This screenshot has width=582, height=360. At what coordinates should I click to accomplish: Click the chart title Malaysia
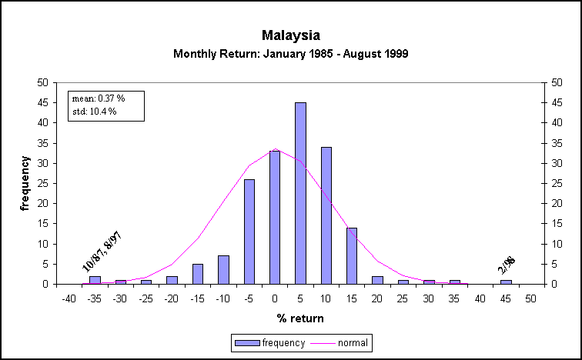[290, 35]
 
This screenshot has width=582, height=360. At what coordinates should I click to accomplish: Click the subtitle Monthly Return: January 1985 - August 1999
[290, 54]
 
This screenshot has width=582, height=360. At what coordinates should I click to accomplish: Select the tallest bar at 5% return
[300, 192]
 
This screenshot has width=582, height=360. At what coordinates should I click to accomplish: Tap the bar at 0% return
[275, 218]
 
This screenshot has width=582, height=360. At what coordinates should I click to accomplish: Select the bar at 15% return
[352, 255]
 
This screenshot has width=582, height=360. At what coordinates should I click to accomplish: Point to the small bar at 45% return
[506, 282]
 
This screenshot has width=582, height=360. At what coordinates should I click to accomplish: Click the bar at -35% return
[95, 280]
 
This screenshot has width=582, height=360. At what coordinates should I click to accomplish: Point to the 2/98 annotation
[507, 263]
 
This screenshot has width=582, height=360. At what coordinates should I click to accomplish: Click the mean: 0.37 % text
[94, 98]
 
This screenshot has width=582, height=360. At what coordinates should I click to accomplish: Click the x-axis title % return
[300, 318]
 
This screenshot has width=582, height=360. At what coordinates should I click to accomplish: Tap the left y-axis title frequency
[25, 183]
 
